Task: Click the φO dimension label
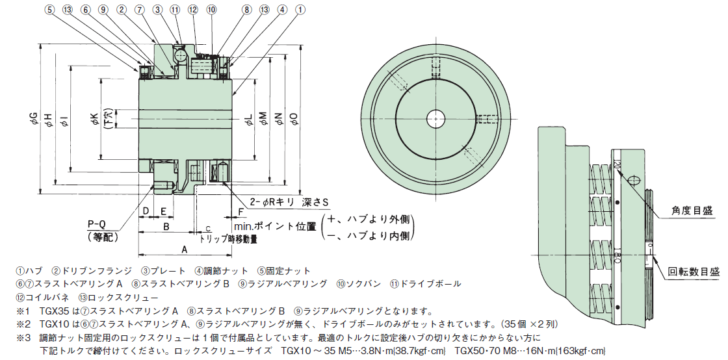(294, 119)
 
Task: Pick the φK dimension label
(94, 120)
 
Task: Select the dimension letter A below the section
(185, 250)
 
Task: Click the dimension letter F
(240, 211)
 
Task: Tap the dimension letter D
(146, 211)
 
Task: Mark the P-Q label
(96, 225)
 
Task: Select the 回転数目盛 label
(693, 271)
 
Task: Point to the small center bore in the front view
(437, 118)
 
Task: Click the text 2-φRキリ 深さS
(289, 203)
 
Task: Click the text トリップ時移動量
(228, 239)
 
